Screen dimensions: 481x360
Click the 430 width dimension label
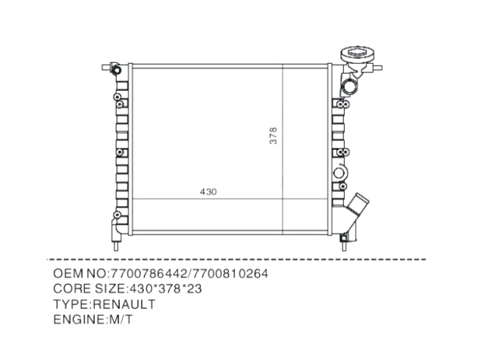209,192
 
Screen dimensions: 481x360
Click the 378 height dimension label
273,135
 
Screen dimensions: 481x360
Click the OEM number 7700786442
149,273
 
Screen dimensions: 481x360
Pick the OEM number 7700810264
230,273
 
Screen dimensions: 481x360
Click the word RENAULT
124,304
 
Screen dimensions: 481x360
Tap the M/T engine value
119,320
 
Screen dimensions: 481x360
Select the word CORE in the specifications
72,288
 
